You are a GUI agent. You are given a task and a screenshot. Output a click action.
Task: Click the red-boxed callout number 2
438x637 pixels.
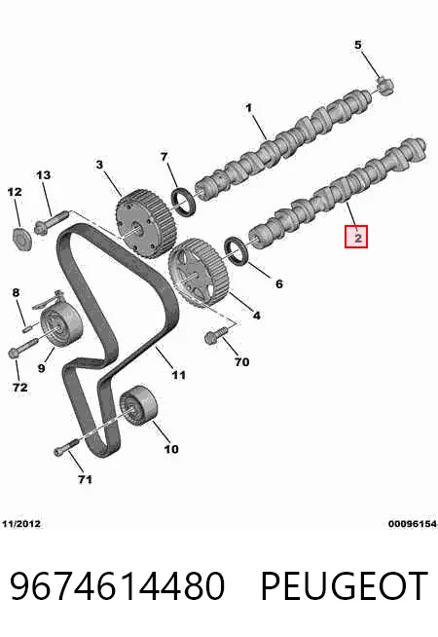356,237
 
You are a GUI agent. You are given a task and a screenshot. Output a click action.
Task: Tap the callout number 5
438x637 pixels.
357,45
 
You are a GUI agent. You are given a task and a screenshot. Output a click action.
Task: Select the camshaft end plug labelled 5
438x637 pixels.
385,86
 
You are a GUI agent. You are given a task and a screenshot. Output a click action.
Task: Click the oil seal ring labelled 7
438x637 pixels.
184,201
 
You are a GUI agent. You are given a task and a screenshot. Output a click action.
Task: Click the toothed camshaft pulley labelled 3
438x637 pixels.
145,225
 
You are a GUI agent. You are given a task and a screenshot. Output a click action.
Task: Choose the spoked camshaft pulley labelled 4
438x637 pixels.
198,274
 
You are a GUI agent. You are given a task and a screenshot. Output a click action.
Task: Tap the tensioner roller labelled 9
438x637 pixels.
61,326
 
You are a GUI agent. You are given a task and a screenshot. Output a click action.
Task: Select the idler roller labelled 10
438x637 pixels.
137,405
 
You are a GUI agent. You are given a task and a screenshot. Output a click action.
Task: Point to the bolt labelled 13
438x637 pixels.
51,222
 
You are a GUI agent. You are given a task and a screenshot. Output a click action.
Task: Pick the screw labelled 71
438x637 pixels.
66,447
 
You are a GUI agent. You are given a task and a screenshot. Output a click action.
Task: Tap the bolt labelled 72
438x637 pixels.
24,348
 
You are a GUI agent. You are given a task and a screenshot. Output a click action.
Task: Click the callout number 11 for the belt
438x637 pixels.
179,374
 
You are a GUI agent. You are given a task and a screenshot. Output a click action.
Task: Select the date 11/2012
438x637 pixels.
21,524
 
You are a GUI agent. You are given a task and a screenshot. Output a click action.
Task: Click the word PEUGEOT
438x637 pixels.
344,586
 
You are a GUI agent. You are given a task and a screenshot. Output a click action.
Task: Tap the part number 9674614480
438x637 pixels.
117,585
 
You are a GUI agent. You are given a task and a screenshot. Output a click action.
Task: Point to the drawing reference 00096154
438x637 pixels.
412,524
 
